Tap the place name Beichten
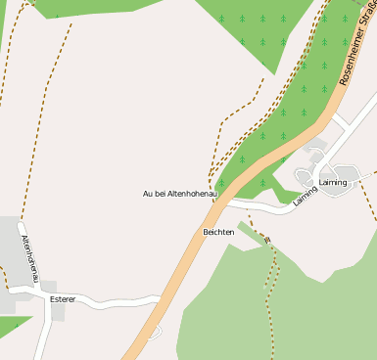[x=218, y=232]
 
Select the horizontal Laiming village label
[x=333, y=183]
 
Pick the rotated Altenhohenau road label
[x=29, y=255]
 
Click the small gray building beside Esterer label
[x=49, y=299]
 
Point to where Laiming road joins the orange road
[x=227, y=203]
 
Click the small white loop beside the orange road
[x=153, y=333]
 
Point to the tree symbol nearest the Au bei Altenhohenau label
[x=221, y=183]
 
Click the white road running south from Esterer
[x=41, y=333]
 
